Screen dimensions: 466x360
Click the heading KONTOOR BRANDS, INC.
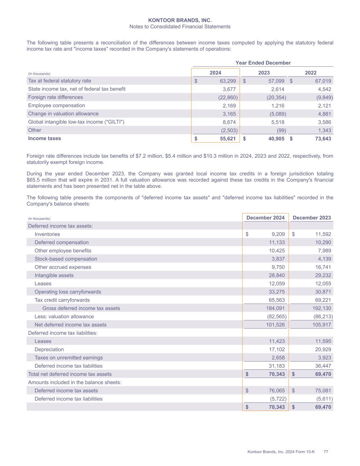(x=180, y=20)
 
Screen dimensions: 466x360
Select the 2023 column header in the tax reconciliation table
(x=264, y=73)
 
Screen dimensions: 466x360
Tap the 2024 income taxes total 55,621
(x=227, y=139)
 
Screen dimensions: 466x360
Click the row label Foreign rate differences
(x=55, y=97)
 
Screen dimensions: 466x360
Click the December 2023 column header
(x=312, y=218)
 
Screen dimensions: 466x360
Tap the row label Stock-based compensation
(x=66, y=259)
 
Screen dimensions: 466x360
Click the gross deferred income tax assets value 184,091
(x=275, y=308)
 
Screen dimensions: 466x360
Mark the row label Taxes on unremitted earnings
(x=69, y=358)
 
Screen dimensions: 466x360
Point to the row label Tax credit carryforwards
(x=62, y=300)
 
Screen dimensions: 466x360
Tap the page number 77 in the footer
(x=326, y=452)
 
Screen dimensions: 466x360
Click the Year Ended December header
(x=263, y=63)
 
